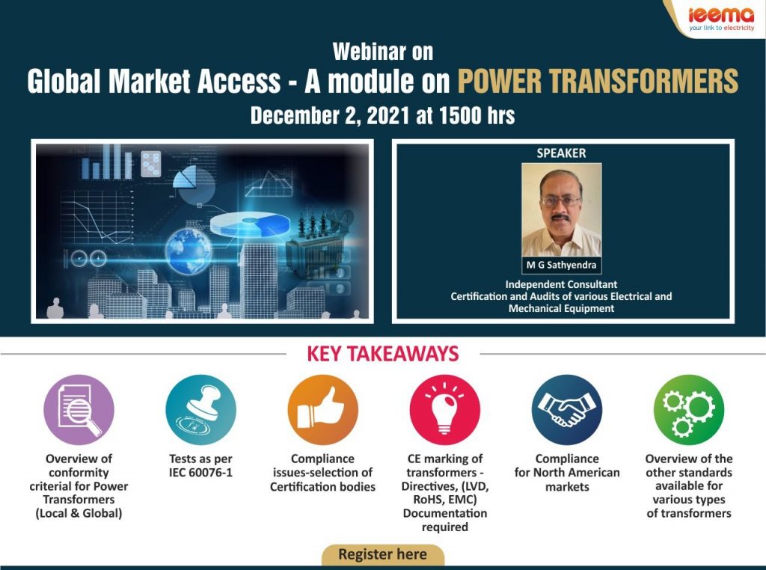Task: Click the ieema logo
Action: point(722,19)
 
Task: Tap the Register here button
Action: point(382,554)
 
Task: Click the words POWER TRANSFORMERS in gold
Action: point(598,81)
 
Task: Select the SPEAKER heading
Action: point(561,153)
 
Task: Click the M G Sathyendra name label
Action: point(561,266)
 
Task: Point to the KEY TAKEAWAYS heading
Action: point(383,354)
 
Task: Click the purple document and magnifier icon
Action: point(79,410)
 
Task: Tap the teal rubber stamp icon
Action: point(200,410)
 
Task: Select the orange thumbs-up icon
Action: point(323,410)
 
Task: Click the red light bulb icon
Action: point(445,410)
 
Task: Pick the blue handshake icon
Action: point(567,410)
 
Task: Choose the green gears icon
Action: point(689,410)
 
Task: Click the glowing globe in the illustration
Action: point(188,251)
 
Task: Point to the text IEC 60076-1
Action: point(200,473)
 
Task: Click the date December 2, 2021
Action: point(330,116)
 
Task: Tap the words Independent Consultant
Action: point(561,284)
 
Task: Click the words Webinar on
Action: point(383,52)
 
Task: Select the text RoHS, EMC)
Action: point(445,500)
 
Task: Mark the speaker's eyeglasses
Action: point(561,200)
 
